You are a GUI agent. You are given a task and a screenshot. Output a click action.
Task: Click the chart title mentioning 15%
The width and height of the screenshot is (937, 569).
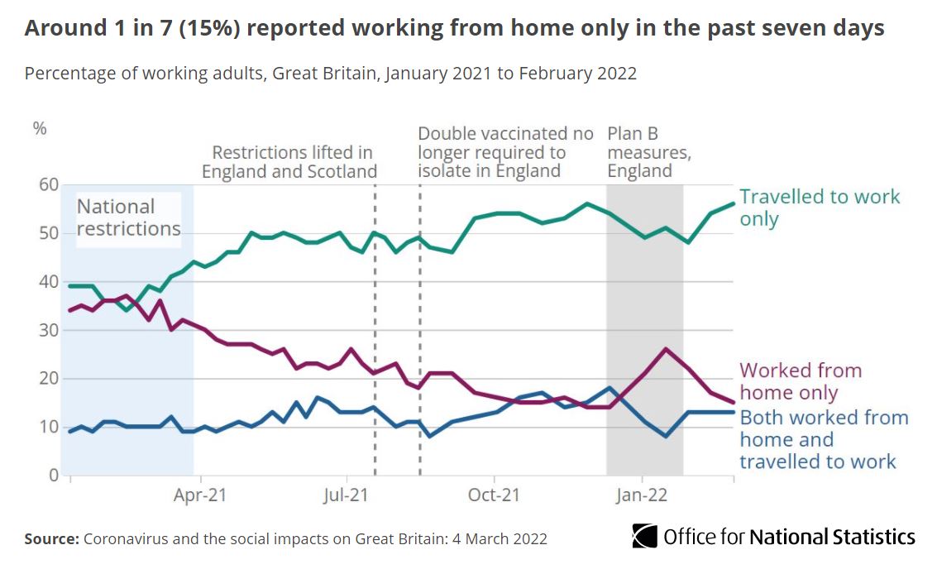[x=454, y=28]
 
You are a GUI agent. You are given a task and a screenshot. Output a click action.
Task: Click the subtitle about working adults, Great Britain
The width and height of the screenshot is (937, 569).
[x=330, y=73]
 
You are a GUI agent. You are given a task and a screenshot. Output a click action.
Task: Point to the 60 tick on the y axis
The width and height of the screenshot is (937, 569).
[x=48, y=185]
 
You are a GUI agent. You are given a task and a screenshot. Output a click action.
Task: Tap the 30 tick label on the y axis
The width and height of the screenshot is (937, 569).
[x=48, y=330]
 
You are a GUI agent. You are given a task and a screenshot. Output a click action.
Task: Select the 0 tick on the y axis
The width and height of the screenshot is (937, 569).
[x=53, y=476]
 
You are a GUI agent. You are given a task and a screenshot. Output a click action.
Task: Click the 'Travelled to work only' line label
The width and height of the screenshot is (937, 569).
[x=819, y=208]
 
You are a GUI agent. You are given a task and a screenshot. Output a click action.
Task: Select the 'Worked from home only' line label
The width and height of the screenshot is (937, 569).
[x=800, y=381]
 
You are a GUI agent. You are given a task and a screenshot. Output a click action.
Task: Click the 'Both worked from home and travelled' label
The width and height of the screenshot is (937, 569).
[x=823, y=439]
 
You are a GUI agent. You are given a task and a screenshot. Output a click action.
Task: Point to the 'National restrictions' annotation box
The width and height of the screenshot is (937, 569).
[x=128, y=218]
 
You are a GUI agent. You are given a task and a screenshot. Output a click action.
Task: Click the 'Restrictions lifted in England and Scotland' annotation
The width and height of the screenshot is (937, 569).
[x=290, y=162]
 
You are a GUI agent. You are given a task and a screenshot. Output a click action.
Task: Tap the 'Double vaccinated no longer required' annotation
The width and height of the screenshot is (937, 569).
[x=505, y=152]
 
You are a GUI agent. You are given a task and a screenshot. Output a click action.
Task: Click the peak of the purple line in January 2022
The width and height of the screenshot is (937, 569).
[x=666, y=349]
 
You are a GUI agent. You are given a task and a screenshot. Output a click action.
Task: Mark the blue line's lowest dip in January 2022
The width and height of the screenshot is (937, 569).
[x=666, y=436]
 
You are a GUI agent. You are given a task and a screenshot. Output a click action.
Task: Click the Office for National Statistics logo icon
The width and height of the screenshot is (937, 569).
[x=644, y=536]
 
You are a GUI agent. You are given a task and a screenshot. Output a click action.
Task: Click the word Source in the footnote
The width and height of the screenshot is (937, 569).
[x=51, y=538]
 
